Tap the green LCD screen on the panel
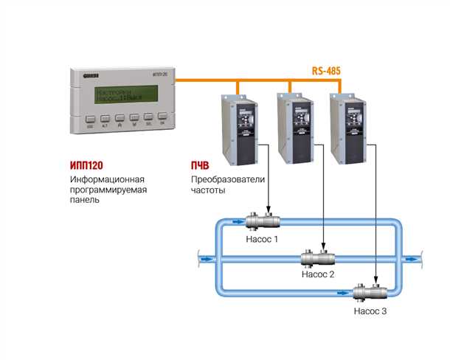click(x=122, y=95)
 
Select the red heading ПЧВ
click(x=204, y=165)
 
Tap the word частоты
click(x=207, y=190)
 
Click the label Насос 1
click(x=263, y=238)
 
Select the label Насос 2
click(x=319, y=274)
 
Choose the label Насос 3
click(x=370, y=311)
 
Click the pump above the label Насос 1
click(x=263, y=221)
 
